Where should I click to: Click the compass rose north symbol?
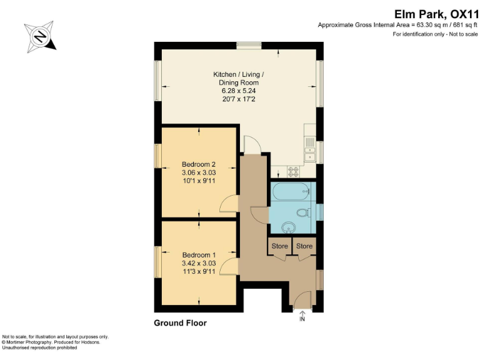(x=40, y=36)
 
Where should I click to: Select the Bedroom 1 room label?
(x=198, y=263)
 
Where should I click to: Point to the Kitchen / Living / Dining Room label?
(x=238, y=87)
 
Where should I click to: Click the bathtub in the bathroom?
(x=292, y=191)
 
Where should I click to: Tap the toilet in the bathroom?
(x=305, y=212)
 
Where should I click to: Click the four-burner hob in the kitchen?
(x=293, y=171)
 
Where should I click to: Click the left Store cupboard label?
(x=279, y=246)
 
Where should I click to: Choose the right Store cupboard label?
(x=304, y=246)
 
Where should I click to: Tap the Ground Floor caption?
(x=180, y=323)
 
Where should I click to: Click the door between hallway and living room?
(x=253, y=144)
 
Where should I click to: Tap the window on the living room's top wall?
(x=249, y=44)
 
